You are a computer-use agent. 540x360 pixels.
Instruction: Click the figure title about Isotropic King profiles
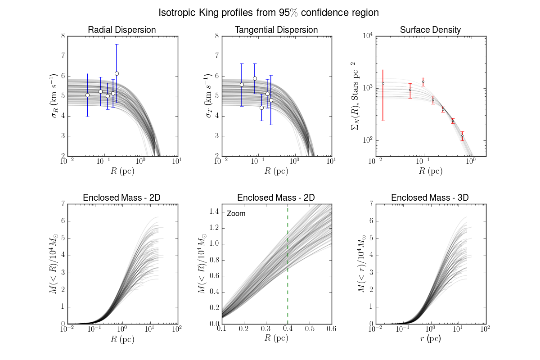269,13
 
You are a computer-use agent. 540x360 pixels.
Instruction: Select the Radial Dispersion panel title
122,30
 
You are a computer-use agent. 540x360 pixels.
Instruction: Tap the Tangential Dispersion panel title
276,30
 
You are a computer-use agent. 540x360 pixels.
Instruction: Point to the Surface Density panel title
430,30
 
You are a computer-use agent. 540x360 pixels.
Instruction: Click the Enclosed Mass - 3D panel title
430,198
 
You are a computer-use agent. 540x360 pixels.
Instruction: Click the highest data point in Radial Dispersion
117,73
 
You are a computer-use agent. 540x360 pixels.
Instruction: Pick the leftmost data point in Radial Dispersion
87,95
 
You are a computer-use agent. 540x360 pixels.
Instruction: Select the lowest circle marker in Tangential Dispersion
261,108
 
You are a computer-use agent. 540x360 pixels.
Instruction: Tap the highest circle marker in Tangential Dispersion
255,78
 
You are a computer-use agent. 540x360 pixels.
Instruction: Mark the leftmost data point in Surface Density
383,83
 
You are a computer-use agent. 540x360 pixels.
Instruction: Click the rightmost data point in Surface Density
462,135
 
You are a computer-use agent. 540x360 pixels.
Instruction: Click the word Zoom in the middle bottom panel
236,213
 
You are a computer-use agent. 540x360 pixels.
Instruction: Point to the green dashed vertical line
288,270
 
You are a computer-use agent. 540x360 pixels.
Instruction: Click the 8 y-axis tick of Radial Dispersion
62,36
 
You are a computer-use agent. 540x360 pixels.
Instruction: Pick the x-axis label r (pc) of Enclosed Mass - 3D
430,340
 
